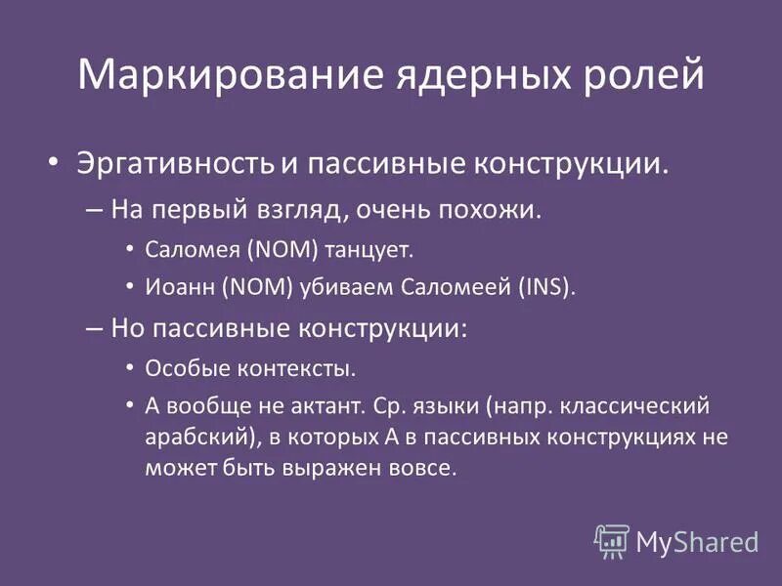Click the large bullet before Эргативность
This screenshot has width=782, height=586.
56,161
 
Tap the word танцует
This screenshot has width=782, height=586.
368,250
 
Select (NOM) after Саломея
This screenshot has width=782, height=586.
284,250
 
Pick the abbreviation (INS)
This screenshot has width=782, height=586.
544,287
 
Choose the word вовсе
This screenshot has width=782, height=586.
423,468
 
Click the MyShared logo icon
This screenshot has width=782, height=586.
611,540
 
